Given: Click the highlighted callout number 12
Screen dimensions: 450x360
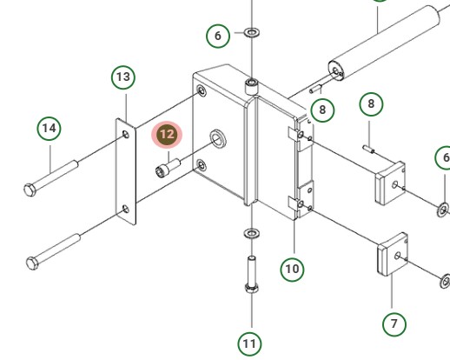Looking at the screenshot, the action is (x=167, y=135).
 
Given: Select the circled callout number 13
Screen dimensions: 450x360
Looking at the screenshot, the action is (x=123, y=77).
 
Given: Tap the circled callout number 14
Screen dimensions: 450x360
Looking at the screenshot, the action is (x=49, y=128).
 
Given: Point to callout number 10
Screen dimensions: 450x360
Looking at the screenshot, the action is (x=292, y=270).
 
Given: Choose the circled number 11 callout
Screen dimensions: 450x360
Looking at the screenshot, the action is (x=249, y=344).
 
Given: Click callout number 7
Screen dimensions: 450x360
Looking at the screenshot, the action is (x=394, y=324).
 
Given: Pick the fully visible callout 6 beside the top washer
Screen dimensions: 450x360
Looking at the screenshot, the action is (x=218, y=36).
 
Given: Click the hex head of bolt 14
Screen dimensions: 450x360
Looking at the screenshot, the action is (x=30, y=190).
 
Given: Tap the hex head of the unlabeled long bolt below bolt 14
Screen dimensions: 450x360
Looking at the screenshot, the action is (x=32, y=263).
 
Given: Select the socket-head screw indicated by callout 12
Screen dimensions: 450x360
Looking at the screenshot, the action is (x=168, y=168).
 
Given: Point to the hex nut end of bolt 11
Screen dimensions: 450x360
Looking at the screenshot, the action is (x=252, y=288).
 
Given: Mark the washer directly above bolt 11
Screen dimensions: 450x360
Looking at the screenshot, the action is (x=252, y=233).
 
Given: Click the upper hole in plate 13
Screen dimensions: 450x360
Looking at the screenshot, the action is (x=126, y=134).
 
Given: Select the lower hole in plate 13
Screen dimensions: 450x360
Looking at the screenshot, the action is (x=126, y=209).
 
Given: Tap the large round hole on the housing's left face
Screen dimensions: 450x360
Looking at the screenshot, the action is (x=218, y=137).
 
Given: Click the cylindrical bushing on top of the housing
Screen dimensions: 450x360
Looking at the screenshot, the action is (x=251, y=87).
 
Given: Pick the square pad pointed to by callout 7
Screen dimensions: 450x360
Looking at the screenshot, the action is (x=393, y=254).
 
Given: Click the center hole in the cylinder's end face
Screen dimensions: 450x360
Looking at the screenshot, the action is (x=335, y=70).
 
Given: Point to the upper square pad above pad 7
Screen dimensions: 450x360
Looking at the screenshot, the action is (x=390, y=183).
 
